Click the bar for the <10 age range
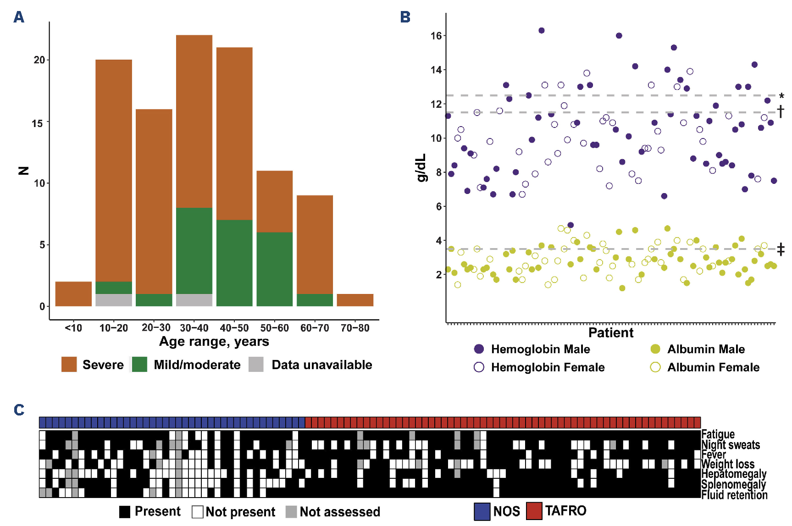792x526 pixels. click(x=73, y=294)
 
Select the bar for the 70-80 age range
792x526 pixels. click(x=355, y=300)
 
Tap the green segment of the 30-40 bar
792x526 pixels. click(x=194, y=251)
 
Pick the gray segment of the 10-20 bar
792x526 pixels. click(x=114, y=300)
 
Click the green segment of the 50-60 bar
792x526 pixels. click(x=274, y=269)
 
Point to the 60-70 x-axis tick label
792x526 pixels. click(x=315, y=328)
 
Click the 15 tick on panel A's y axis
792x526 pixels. click(x=37, y=123)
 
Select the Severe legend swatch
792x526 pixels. click(x=69, y=365)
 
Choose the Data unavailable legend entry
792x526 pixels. click(x=321, y=365)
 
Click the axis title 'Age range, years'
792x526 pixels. click(x=214, y=342)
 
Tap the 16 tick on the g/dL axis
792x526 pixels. click(x=436, y=36)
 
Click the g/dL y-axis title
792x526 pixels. click(x=421, y=167)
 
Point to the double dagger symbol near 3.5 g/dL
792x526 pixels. click(x=781, y=249)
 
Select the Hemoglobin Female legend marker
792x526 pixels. click(x=479, y=367)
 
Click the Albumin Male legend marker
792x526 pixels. click(x=655, y=349)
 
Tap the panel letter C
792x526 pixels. click(x=19, y=410)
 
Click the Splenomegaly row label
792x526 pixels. click(x=733, y=484)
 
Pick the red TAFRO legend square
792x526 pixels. click(x=534, y=511)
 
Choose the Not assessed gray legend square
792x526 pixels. click(x=291, y=512)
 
